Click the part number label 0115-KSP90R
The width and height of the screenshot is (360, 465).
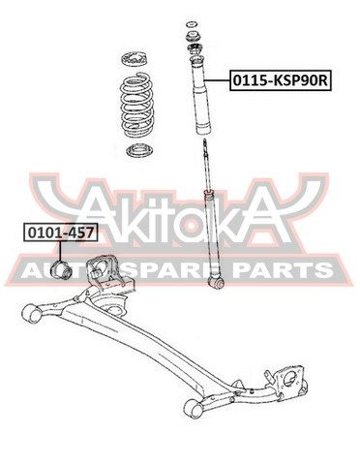pos(280,80)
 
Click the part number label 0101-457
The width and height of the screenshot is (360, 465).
pos(60,232)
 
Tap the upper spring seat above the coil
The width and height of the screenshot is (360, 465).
pos(135,59)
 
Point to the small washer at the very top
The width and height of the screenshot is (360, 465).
pos(193,24)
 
